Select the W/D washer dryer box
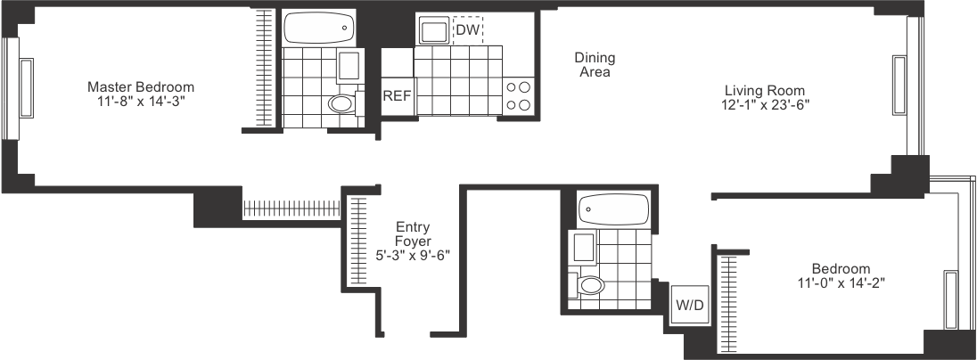(x=690, y=306)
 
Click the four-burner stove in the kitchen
(x=519, y=96)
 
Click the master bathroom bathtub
(x=319, y=29)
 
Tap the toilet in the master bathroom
(x=343, y=104)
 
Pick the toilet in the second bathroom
(x=588, y=287)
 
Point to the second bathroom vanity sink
(x=584, y=247)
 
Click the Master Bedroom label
(x=141, y=87)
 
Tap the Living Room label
(x=765, y=91)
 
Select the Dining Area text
(x=595, y=64)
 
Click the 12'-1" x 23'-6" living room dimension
(x=765, y=104)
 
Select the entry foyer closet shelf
(x=358, y=241)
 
